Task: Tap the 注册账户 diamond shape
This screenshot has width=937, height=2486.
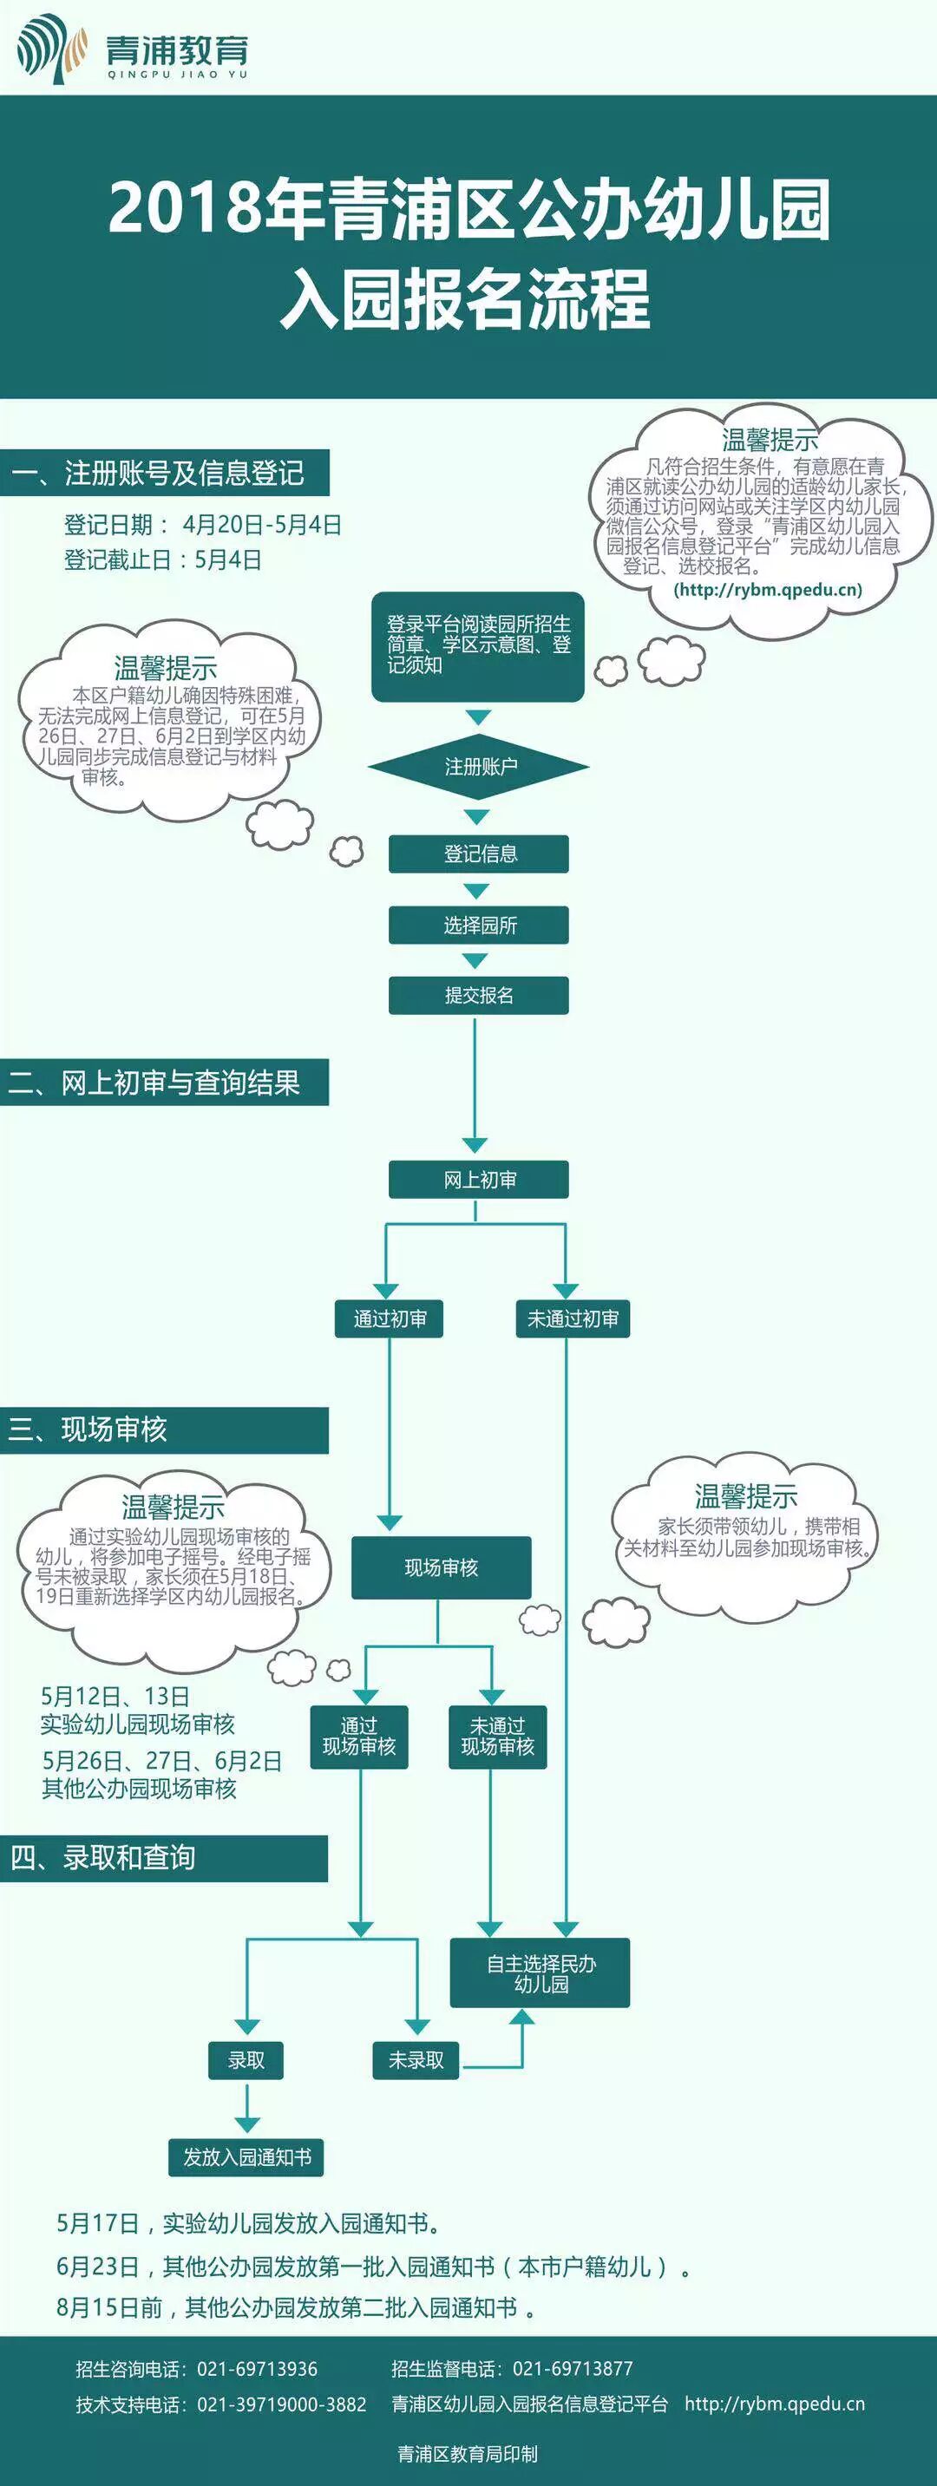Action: pos(479,766)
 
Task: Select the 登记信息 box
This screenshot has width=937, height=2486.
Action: pos(479,854)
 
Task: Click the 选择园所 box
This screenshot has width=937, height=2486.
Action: pos(479,925)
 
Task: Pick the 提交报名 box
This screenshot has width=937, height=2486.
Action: pos(479,995)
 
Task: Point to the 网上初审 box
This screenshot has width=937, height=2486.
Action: pos(479,1180)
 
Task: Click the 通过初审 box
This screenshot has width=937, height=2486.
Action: pos(389,1318)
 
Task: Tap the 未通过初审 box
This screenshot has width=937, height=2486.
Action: pos(573,1318)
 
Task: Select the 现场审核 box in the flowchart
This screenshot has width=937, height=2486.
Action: pos(441,1567)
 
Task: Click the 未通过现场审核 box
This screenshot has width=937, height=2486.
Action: pos(497,1737)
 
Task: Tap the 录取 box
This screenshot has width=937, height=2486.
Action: pos(246,2060)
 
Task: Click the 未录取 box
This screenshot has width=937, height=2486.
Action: pos(416,2060)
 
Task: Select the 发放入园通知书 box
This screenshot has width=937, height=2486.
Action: pos(247,2157)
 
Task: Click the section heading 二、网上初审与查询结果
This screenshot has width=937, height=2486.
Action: pos(154,1083)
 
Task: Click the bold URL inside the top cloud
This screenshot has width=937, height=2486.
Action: pos(767,590)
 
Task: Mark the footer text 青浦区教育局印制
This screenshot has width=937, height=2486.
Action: pos(468,2453)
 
